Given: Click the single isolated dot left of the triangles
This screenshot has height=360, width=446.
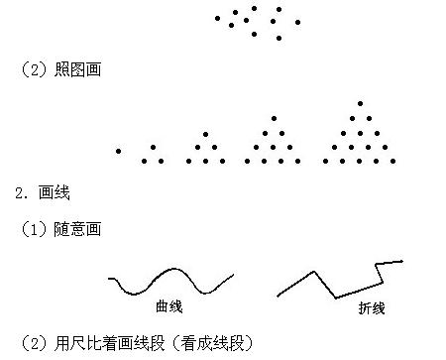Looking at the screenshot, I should pos(119,152).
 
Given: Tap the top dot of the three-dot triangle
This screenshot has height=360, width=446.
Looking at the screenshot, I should pos(153,148).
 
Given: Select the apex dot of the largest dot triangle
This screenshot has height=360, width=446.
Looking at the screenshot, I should pos(360,103).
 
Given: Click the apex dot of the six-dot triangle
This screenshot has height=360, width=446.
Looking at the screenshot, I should pos(206,133).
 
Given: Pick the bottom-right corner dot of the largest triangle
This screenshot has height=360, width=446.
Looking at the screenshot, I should pos(393,161).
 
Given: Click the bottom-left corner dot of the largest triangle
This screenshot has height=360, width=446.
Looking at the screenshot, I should pos(326,161).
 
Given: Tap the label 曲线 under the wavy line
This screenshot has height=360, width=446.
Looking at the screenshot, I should pos(169,306).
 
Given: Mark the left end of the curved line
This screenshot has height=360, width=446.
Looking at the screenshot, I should pos(109,279).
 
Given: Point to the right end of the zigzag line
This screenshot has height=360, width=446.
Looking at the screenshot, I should pos(402,261).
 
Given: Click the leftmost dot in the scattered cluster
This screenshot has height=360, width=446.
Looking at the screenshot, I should pos(217,18).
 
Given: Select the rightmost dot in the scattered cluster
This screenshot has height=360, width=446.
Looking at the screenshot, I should pos(298,22).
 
